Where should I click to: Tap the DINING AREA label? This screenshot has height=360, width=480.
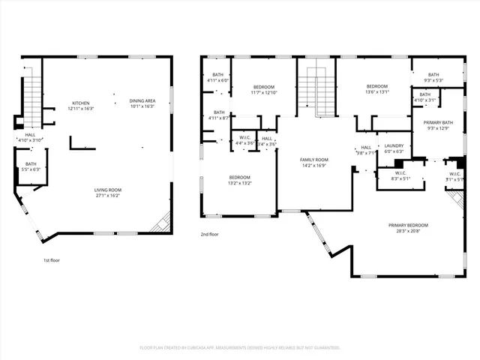(x=142, y=101)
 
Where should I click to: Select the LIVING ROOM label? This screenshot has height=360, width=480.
(x=108, y=190)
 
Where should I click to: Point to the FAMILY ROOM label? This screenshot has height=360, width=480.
(x=314, y=160)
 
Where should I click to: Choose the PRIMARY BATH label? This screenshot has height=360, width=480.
(x=437, y=122)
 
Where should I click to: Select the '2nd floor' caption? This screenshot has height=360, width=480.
(x=209, y=234)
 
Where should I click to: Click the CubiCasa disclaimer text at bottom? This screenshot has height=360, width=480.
(x=240, y=348)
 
